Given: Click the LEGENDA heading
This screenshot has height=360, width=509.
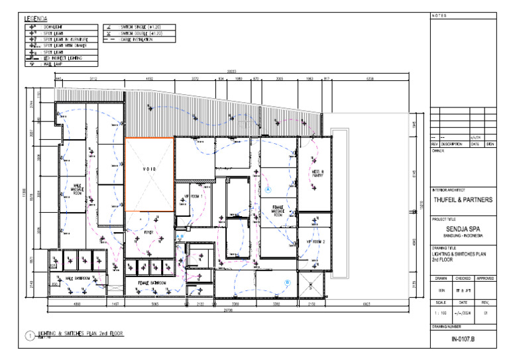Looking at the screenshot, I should tap(36, 19).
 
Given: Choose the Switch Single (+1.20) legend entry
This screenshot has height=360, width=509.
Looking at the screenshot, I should tap(141, 27).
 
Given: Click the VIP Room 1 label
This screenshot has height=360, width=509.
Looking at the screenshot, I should tap(192, 197).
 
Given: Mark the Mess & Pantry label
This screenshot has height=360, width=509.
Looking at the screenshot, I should tap(317, 174).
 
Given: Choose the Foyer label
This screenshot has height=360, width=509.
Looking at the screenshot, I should tap(149, 233).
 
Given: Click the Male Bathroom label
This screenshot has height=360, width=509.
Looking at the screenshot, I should tap(78, 278).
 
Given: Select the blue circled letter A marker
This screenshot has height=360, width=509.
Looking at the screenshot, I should tap(268, 189).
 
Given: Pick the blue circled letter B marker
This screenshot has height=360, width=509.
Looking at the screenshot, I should tap(288, 282).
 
